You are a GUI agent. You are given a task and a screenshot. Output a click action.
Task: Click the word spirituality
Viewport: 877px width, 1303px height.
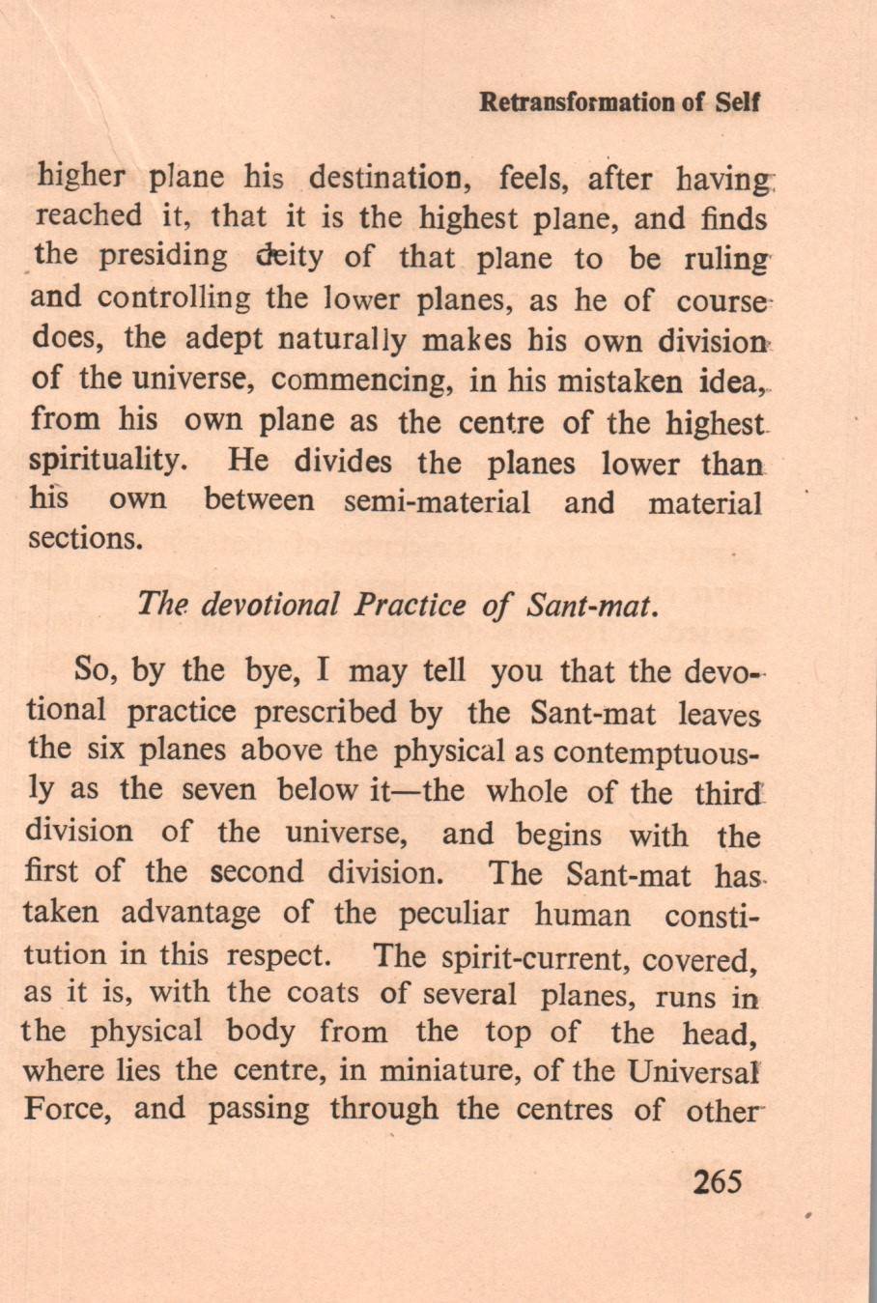pos(107,460)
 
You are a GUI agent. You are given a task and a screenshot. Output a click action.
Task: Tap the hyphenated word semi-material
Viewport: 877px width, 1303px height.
pos(437,502)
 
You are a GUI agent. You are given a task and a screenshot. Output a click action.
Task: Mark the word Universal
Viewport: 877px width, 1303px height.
pos(695,1070)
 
